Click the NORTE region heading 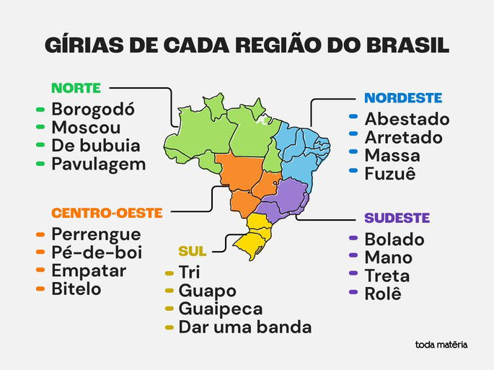[76, 89]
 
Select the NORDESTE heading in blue [403, 97]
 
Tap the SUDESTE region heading [397, 218]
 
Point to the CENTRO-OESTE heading [107, 213]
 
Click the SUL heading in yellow [193, 252]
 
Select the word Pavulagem [98, 164]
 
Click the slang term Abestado [407, 119]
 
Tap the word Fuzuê [390, 173]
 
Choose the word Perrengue [96, 235]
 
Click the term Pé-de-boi [97, 253]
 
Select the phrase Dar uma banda [245, 327]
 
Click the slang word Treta [387, 276]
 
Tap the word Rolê [383, 294]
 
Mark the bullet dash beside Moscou [40, 128]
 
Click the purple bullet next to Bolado [353, 239]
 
